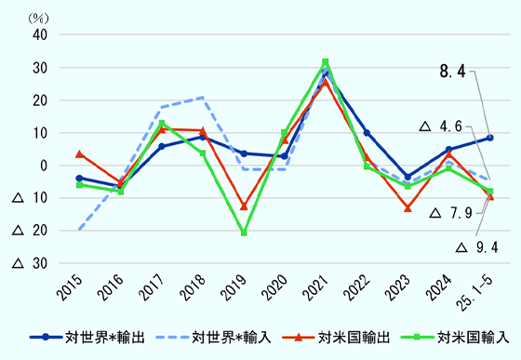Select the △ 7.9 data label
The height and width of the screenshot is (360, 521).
tap(453, 213)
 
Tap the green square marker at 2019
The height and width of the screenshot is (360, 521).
tap(244, 233)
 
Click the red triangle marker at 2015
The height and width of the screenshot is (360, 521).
tap(79, 153)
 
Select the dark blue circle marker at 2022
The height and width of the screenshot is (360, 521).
tap(367, 133)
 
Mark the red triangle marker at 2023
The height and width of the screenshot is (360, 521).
tap(407, 207)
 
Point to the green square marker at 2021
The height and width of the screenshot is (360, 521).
tap(326, 62)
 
